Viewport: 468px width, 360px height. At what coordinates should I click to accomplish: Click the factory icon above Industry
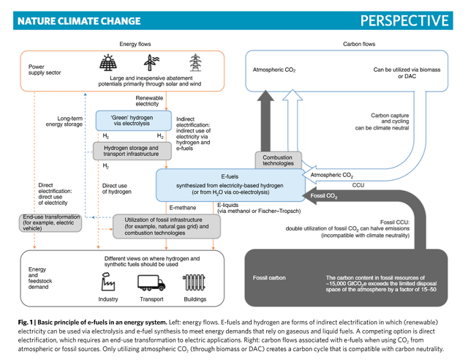click(107, 282)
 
